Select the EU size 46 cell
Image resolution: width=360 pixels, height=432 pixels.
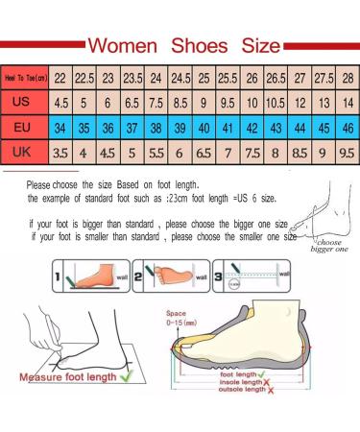pyautogui.click(x=347, y=127)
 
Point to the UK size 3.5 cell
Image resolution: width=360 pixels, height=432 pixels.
pyautogui.click(x=60, y=151)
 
